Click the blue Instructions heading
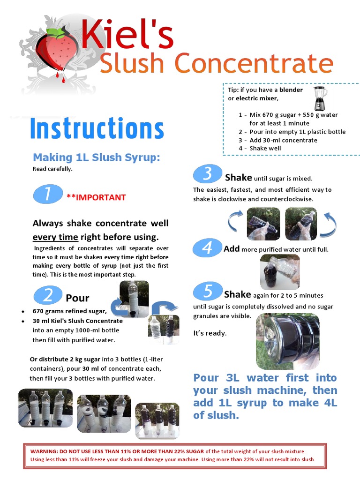[x=97, y=129]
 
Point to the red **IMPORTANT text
[x=96, y=197]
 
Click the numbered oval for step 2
[x=48, y=295]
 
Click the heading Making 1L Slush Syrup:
[x=96, y=157]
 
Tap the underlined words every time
[x=51, y=237]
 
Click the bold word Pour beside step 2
[x=77, y=298]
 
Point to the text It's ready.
[x=210, y=333]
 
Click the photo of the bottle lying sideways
[x=287, y=341]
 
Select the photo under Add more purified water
[x=280, y=272]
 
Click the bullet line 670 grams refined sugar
[x=70, y=311]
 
